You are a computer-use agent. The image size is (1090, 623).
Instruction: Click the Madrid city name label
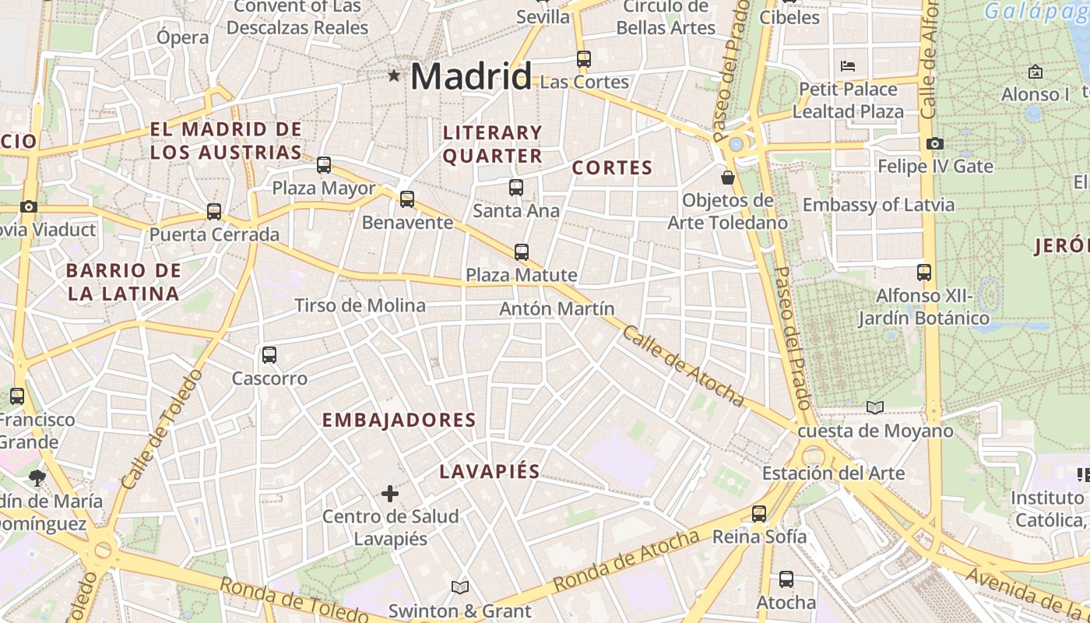pos(470,76)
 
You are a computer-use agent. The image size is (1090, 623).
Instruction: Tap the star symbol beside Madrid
pos(395,76)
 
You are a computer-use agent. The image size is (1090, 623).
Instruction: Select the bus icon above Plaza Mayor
pos(324,165)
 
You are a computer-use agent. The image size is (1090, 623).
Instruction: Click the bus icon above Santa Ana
pos(516,187)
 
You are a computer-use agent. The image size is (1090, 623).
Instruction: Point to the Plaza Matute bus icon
pos(522,252)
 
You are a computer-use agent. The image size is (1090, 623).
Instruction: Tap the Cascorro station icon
pos(269,355)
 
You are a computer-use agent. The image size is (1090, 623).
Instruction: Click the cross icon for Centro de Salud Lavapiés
pos(390,493)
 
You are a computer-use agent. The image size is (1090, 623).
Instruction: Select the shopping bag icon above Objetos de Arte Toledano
pos(728,178)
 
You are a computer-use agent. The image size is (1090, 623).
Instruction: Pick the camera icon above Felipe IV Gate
pos(935,143)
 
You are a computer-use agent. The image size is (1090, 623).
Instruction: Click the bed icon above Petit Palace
pos(848,65)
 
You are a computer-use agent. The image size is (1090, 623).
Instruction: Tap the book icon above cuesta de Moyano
pos(875,407)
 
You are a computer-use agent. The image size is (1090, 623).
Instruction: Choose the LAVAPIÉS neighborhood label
pos(490,471)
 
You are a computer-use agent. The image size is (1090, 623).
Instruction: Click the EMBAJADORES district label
pos(399,421)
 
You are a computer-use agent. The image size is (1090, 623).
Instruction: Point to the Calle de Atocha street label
pos(683,365)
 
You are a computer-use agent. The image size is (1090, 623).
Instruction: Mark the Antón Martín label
pos(557,309)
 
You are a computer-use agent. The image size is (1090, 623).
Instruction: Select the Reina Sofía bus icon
pos(759,513)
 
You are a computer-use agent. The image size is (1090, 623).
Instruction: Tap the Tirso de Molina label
pos(360,305)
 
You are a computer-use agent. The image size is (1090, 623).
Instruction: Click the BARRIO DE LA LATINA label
pos(123,282)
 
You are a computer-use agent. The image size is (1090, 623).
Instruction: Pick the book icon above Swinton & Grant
pos(460,587)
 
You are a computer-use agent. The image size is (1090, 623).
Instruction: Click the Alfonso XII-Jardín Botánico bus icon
pos(924,273)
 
